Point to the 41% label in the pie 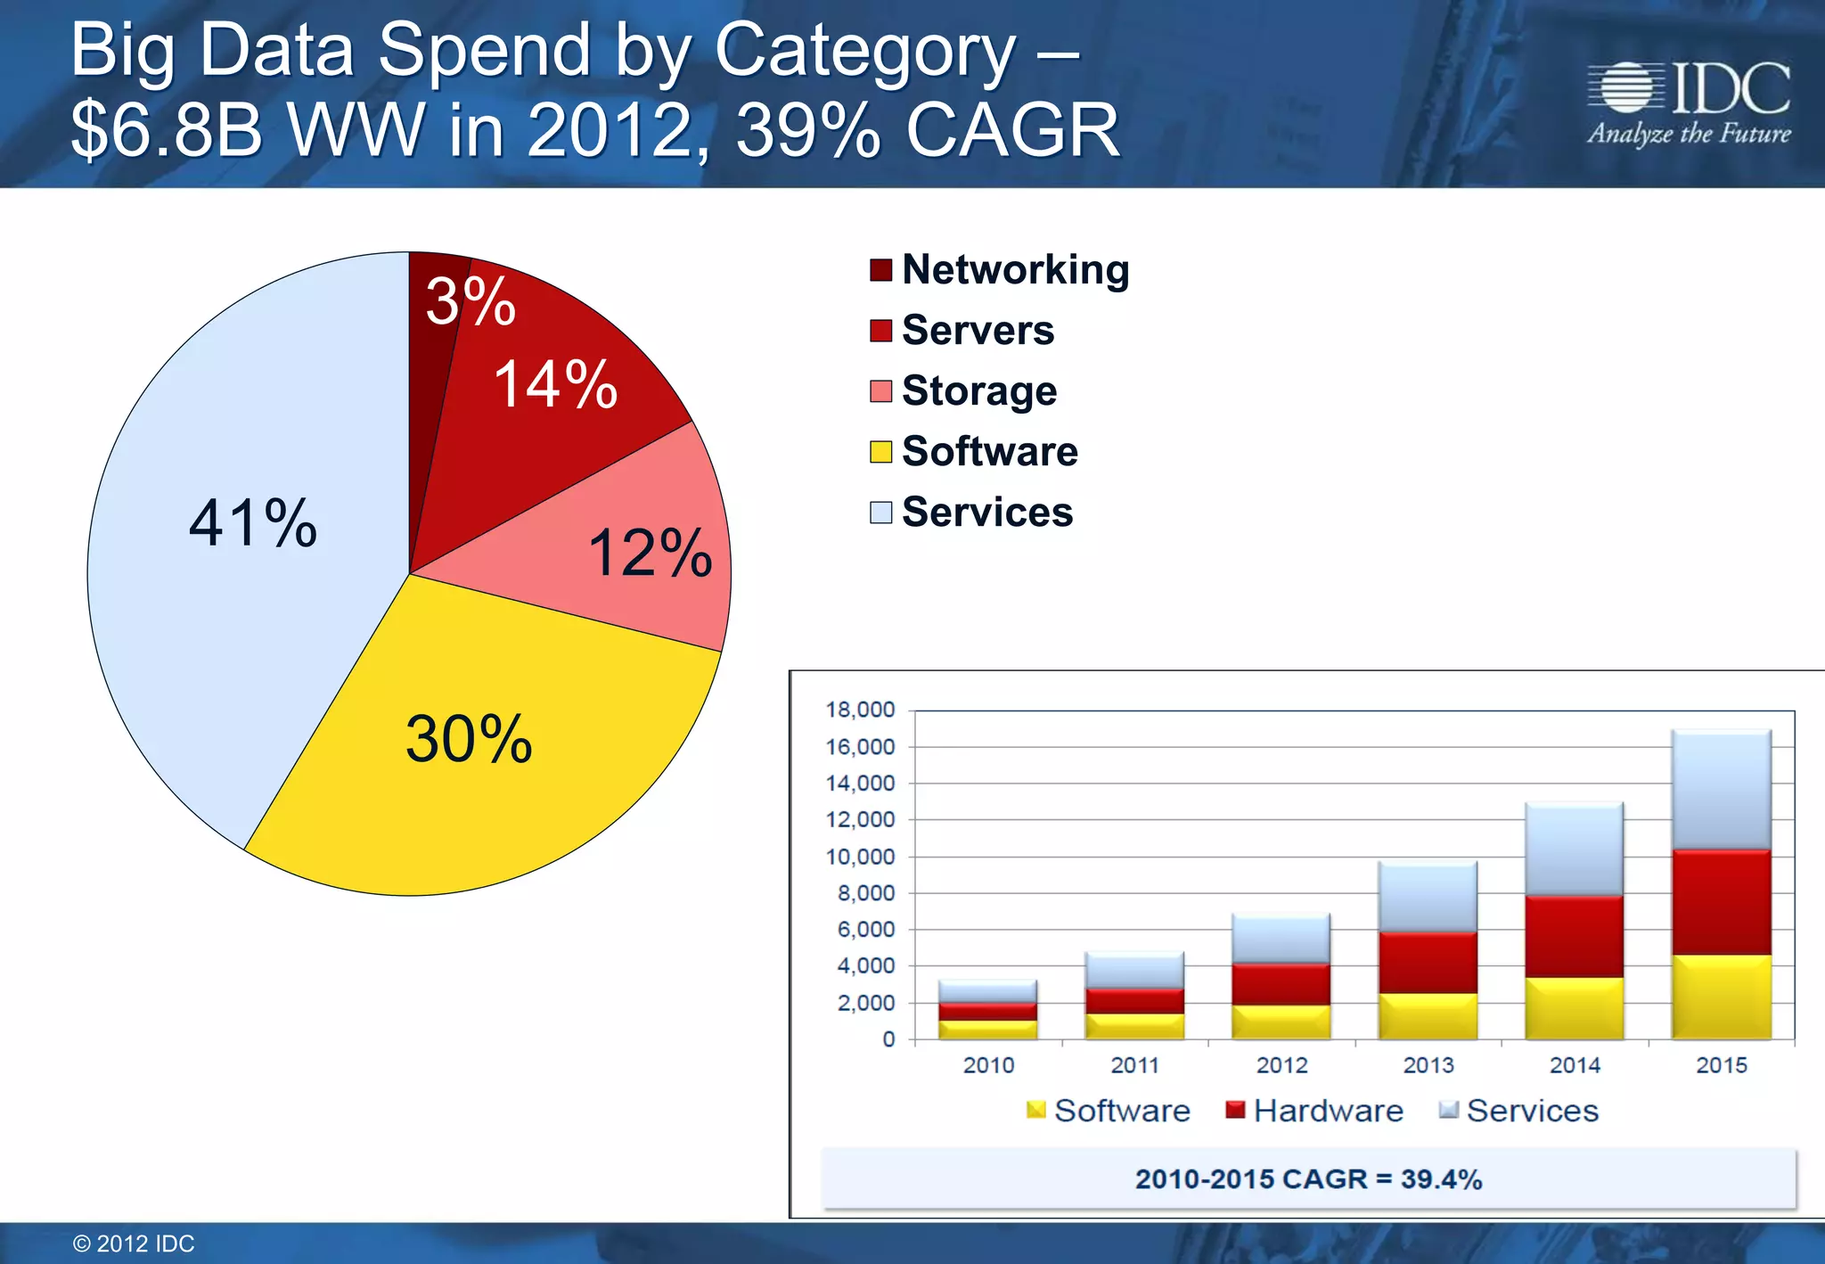pyautogui.click(x=253, y=523)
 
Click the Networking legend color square pyautogui.click(x=880, y=270)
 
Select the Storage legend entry pyautogui.click(x=978, y=391)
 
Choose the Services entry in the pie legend pyautogui.click(x=986, y=513)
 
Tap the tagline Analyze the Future pyautogui.click(x=1689, y=135)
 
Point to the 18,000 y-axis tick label pyautogui.click(x=860, y=710)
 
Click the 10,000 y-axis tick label pyautogui.click(x=860, y=857)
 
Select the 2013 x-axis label pyautogui.click(x=1428, y=1065)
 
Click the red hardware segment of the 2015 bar pyautogui.click(x=1721, y=902)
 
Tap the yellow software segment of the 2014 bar pyautogui.click(x=1575, y=1009)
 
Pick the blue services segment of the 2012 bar pyautogui.click(x=1281, y=939)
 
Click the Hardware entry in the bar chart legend pyautogui.click(x=1327, y=1111)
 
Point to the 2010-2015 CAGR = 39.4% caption pyautogui.click(x=1307, y=1179)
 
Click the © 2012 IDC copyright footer pyautogui.click(x=134, y=1243)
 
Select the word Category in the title pyautogui.click(x=864, y=51)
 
